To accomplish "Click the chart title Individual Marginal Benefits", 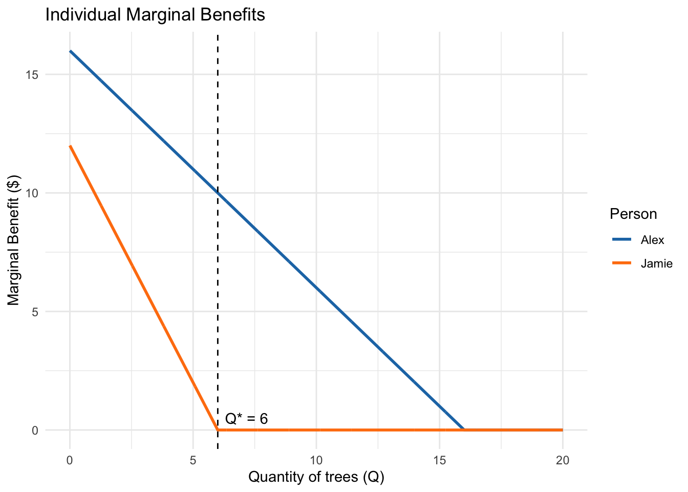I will coord(155,15).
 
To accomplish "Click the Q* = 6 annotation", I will coord(246,419).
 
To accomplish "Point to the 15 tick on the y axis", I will coord(32,75).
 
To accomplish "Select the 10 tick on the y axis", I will coord(32,193).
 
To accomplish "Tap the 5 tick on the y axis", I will coord(35,312).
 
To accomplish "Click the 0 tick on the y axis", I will coord(35,430).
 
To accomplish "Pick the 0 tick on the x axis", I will coord(70,461).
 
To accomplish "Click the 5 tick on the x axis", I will coord(193,461).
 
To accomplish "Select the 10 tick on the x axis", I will coord(316,461).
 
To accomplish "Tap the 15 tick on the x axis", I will coord(439,461).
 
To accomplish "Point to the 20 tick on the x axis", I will coord(563,461).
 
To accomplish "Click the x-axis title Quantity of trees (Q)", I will coord(316,477).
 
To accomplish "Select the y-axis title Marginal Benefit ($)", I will coord(14,240).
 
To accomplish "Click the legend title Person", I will coord(633,214).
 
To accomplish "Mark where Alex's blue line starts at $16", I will coord(70,51).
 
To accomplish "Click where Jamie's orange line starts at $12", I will coord(70,146).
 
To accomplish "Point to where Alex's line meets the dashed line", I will coord(218,193).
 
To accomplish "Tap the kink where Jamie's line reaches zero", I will coord(218,430).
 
